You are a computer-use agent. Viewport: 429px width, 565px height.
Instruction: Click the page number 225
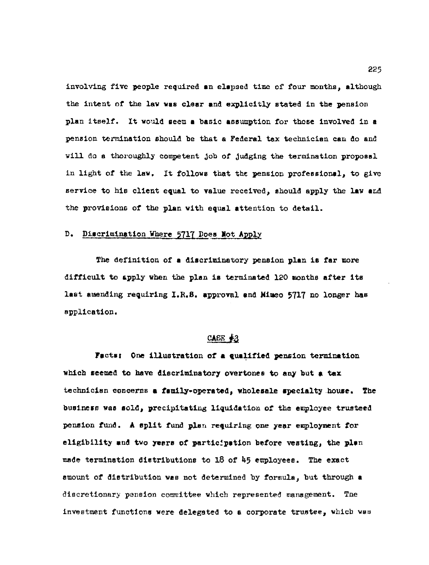(x=375, y=69)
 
